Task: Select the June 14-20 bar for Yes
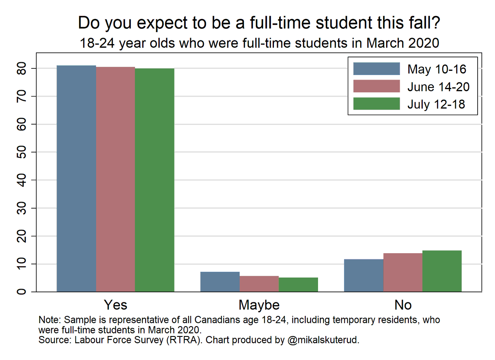(x=115, y=179)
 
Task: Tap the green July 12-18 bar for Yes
(x=155, y=180)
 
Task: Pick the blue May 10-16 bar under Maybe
(x=220, y=282)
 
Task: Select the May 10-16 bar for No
(x=363, y=275)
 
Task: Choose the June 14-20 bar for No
(x=403, y=273)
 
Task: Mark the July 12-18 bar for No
(x=442, y=271)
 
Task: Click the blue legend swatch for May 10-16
(x=377, y=69)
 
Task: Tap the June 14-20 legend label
(x=438, y=87)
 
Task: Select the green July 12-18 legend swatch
(x=377, y=104)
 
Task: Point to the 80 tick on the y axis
(x=26, y=68)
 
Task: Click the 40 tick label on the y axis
(x=26, y=180)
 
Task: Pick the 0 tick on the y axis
(x=26, y=292)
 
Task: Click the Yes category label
(x=115, y=305)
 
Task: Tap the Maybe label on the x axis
(x=259, y=305)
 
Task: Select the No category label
(x=403, y=305)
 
